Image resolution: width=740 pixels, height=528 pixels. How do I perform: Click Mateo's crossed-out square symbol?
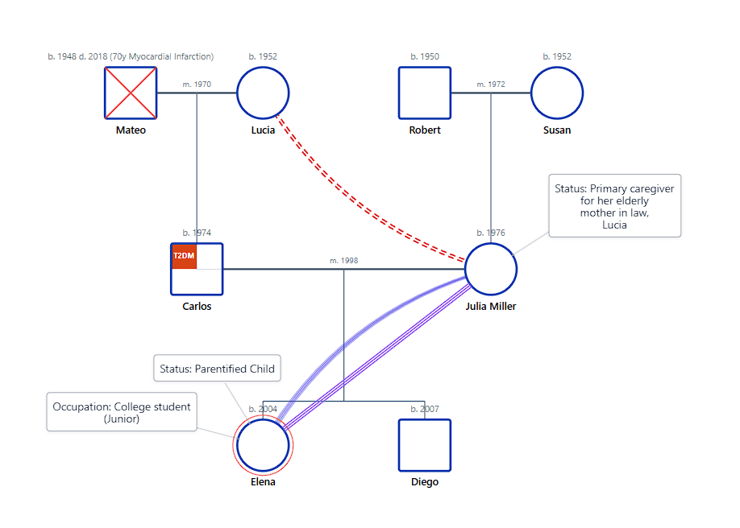(131, 93)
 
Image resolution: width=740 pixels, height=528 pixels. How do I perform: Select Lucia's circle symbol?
(263, 93)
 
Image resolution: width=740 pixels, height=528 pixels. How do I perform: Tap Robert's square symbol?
(425, 93)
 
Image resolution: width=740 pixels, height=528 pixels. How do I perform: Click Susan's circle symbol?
(557, 93)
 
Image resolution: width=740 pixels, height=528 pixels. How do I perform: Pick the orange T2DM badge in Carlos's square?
(184, 257)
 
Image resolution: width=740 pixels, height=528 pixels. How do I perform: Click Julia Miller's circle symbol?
(491, 270)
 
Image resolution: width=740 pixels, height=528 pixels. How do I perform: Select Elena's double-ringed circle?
(263, 445)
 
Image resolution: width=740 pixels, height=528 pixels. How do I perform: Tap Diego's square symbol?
(425, 445)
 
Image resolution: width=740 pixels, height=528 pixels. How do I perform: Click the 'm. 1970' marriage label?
(197, 84)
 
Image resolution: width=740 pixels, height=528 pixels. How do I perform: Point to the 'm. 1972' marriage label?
(491, 84)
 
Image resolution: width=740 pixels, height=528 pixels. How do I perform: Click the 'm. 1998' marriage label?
(344, 261)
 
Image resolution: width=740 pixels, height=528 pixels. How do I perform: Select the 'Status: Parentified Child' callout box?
(218, 369)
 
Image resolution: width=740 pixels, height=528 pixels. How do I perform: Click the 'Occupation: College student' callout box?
(122, 412)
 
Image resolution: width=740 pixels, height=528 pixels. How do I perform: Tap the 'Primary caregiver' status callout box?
(615, 206)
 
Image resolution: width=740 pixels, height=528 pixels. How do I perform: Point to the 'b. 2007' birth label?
(425, 409)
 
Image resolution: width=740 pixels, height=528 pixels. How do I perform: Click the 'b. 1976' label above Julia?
(491, 233)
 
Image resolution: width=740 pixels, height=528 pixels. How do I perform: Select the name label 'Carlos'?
(197, 306)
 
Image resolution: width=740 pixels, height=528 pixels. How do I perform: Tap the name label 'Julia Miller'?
(491, 306)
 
